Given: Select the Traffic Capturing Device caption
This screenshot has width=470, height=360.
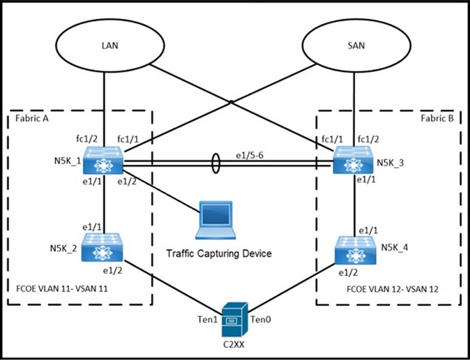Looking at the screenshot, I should tap(218, 254).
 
